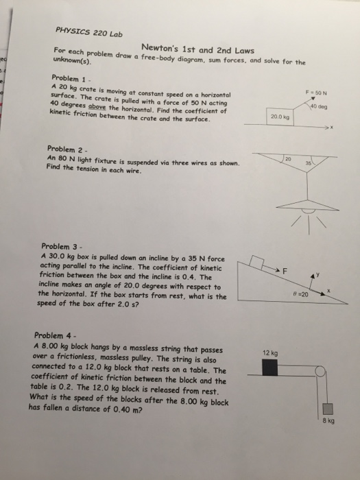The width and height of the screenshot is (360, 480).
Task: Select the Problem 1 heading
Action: [67, 79]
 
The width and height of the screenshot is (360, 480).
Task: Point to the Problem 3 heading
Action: [62, 245]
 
